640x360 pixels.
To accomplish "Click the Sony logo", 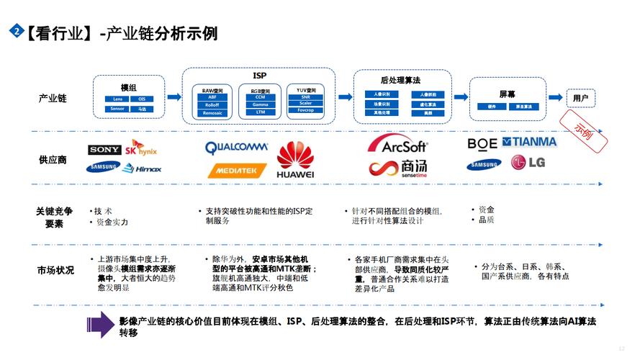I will [x=104, y=150].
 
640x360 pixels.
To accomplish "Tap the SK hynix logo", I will [x=140, y=150].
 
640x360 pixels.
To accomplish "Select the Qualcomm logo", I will [x=236, y=148].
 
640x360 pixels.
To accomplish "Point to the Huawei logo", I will [x=295, y=160].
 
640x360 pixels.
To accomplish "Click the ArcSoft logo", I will [x=398, y=144].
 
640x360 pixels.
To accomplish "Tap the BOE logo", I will [x=482, y=143].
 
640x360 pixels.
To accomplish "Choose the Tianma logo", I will [x=529, y=142].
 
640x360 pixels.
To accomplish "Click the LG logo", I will [x=528, y=163].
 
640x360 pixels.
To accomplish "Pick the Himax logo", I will [x=142, y=168].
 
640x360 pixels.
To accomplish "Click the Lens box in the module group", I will [x=117, y=99].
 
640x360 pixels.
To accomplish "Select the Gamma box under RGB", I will [x=260, y=104].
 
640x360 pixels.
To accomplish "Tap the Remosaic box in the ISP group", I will [x=212, y=113].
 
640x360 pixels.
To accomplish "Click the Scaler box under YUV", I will [x=306, y=104].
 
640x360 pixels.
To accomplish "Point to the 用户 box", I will [x=581, y=98].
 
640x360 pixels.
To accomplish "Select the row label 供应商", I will [x=53, y=159].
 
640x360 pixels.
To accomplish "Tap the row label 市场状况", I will [x=55, y=270].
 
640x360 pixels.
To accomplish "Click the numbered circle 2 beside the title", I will [x=14, y=31].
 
